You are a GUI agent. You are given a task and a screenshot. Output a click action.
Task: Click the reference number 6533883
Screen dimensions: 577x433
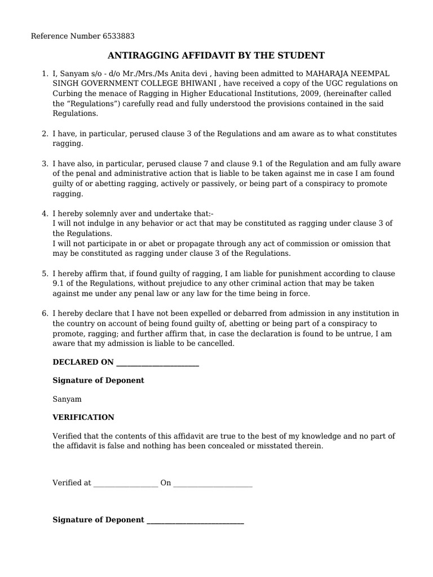point(118,37)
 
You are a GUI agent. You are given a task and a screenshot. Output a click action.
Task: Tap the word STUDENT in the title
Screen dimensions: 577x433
point(304,55)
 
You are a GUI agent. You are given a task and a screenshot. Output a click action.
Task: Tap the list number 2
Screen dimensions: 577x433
point(45,134)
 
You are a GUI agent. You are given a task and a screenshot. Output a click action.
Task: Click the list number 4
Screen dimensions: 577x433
point(45,214)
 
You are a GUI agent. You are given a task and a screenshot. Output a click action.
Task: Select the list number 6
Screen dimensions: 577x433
point(45,313)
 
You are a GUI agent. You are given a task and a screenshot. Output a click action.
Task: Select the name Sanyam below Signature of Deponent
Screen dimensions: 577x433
point(67,399)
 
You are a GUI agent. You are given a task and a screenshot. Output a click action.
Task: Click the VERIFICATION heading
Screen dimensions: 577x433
point(83,418)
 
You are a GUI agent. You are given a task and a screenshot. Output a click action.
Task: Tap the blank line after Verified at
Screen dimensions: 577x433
point(126,484)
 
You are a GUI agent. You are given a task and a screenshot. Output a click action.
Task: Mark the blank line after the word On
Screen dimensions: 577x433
point(213,484)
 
